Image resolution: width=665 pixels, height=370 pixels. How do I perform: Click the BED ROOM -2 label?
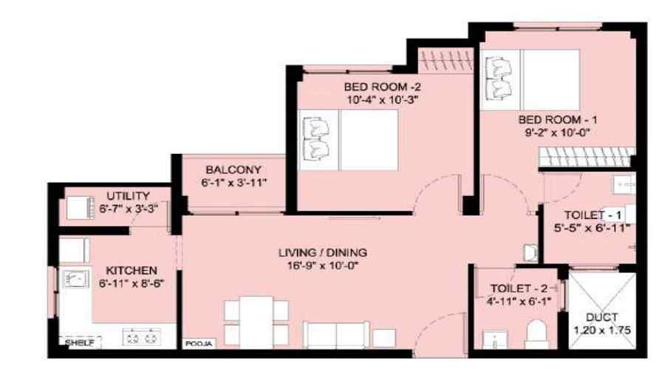pyautogui.click(x=382, y=87)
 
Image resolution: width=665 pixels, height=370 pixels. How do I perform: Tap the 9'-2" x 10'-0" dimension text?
pyautogui.click(x=558, y=132)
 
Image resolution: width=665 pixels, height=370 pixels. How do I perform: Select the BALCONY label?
pyautogui.click(x=233, y=169)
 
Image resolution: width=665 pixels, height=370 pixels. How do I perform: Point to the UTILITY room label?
pyautogui.click(x=128, y=196)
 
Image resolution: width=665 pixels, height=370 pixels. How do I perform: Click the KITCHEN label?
pyautogui.click(x=132, y=270)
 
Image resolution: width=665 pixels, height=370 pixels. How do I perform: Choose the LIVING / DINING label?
pyautogui.click(x=323, y=253)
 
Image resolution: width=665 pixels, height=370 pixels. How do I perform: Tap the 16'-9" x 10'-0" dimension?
pyautogui.click(x=323, y=266)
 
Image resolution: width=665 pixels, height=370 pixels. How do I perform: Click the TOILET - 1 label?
pyautogui.click(x=593, y=215)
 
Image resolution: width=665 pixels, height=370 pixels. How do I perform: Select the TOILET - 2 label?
pyautogui.click(x=519, y=289)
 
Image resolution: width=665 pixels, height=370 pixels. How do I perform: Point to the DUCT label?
pyautogui.click(x=601, y=317)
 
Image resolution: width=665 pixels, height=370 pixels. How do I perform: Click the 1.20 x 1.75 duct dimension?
pyautogui.click(x=602, y=330)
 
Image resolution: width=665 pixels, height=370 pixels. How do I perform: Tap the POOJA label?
pyautogui.click(x=199, y=343)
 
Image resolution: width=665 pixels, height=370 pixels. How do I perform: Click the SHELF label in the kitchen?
pyautogui.click(x=80, y=342)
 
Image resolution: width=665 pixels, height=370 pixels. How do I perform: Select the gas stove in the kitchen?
pyautogui.click(x=142, y=337)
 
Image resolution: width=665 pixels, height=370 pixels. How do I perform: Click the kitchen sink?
pyautogui.click(x=75, y=279)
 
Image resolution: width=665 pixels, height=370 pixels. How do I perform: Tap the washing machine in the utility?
pyautogui.click(x=80, y=208)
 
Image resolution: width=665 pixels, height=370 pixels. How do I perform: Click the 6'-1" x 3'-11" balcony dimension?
pyautogui.click(x=233, y=183)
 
